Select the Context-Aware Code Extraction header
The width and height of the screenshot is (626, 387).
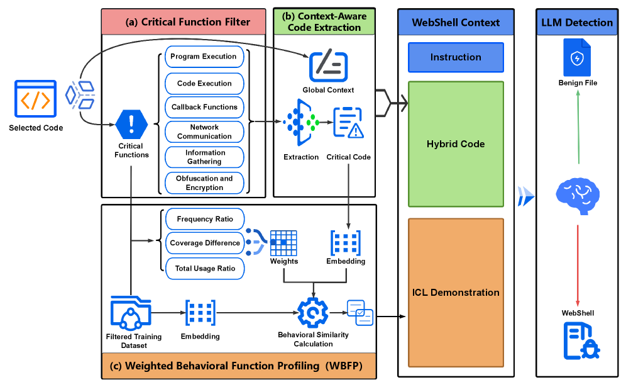click(x=324, y=21)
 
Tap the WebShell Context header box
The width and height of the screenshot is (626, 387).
click(x=456, y=22)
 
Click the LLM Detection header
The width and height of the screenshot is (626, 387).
click(x=576, y=22)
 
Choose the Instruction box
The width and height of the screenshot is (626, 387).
click(x=456, y=57)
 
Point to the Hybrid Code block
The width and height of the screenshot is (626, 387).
click(x=456, y=144)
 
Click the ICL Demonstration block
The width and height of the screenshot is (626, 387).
click(x=456, y=293)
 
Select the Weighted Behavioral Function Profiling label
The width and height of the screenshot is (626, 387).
click(x=238, y=366)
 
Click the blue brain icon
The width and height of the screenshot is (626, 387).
click(x=578, y=194)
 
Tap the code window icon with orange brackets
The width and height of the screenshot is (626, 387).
click(x=35, y=99)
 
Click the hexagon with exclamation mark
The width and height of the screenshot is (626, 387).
click(x=131, y=124)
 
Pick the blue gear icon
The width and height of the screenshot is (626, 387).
click(x=312, y=312)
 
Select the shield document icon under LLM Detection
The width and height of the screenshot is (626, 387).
click(x=576, y=58)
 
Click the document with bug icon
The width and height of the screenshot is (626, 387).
click(x=581, y=340)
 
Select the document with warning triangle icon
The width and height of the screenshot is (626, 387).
click(x=348, y=122)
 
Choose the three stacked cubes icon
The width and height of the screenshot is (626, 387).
click(x=80, y=94)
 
